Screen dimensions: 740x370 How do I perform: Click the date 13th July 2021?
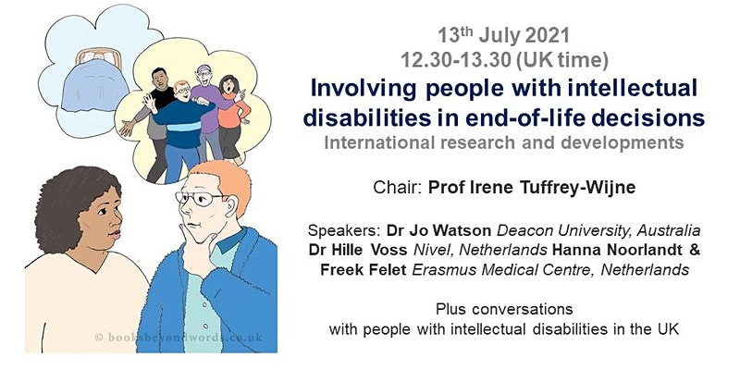[x=503, y=36]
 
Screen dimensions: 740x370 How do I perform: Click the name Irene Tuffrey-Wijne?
[x=547, y=188]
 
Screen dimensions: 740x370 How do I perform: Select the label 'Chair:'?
[x=398, y=188]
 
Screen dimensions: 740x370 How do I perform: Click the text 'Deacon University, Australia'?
[x=598, y=231]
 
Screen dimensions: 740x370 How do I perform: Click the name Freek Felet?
[x=363, y=269]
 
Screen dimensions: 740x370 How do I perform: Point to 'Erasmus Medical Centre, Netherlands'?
[x=550, y=269]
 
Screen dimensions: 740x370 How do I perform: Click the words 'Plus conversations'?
[x=504, y=309]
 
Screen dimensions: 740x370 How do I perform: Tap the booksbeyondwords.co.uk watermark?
[x=179, y=337]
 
